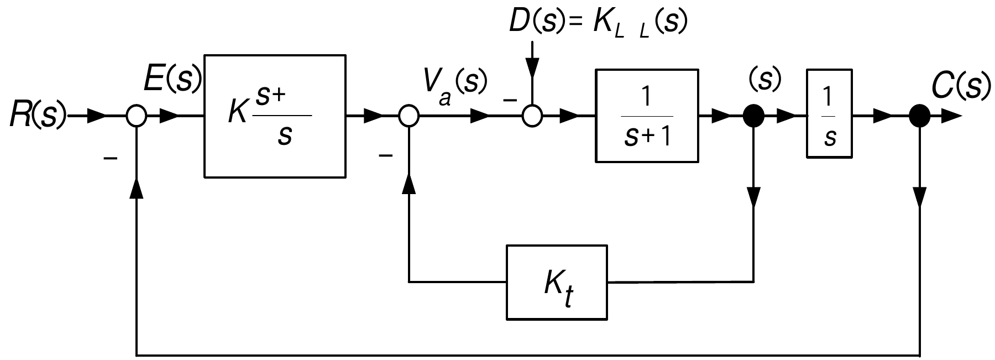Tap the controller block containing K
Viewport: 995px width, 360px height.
275,116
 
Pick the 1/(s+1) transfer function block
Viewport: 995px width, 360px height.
647,116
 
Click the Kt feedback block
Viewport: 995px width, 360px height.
557,282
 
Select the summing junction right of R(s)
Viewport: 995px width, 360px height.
136,117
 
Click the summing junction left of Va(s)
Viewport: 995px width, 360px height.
409,117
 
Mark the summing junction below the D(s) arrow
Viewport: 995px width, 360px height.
532,117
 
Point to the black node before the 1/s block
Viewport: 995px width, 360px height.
753,117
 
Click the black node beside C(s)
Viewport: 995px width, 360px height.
919,117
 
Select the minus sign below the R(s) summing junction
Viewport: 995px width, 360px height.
111,159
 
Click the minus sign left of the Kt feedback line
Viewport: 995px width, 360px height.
385,156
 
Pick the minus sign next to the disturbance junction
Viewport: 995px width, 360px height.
510,101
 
